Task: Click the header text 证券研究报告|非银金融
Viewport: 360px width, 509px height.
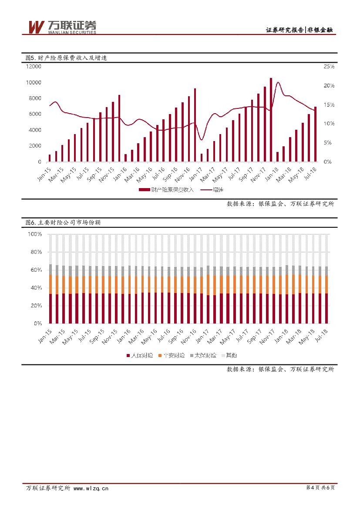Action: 300,30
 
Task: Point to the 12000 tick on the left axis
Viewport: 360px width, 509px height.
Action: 33,67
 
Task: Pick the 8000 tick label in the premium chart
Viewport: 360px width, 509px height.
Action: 34,98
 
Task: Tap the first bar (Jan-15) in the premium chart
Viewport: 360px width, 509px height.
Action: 50,158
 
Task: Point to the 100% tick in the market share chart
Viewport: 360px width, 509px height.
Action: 34,234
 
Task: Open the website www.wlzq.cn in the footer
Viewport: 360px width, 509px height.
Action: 91,489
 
